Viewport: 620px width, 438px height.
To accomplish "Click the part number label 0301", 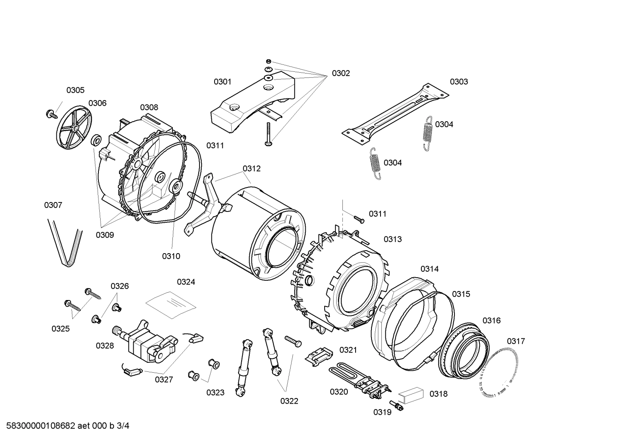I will tap(222, 82).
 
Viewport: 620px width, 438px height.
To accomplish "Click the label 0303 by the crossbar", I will tap(459, 82).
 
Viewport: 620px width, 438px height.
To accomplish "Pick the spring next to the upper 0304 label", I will tap(427, 133).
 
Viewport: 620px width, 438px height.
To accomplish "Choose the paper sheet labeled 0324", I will tap(171, 303).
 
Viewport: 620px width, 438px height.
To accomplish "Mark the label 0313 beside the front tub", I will tap(393, 239).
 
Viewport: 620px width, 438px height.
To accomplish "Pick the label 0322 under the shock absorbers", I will tap(289, 401).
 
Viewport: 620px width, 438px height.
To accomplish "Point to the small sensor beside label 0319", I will tap(395, 405).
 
